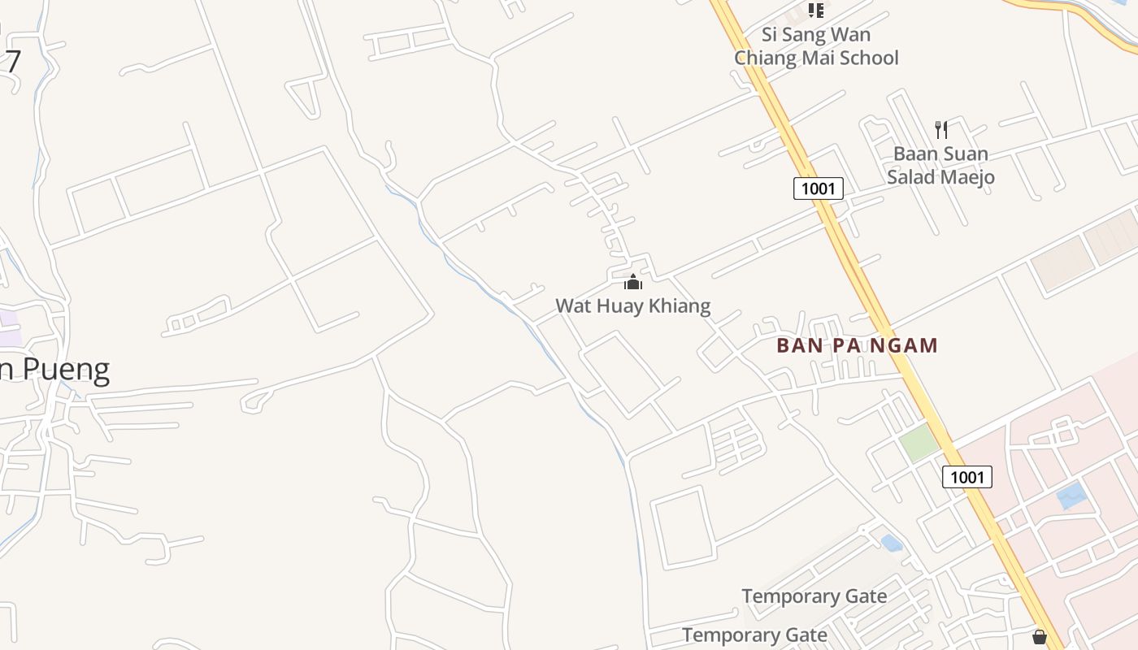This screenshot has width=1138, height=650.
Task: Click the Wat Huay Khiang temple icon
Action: (632, 282)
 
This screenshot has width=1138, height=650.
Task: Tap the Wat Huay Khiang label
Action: (632, 306)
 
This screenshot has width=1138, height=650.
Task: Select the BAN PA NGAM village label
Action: (857, 345)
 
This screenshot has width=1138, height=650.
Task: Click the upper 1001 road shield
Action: (819, 188)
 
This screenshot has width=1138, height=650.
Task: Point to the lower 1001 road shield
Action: (967, 477)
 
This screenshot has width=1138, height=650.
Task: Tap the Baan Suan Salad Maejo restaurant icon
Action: (941, 129)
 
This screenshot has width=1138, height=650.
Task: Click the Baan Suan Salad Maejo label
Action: (940, 165)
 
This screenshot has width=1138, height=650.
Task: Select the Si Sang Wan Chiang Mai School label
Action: (816, 46)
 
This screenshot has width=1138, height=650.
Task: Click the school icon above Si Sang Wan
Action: (815, 11)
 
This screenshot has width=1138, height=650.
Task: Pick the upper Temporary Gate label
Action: (814, 596)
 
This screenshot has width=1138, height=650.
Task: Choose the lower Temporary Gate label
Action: (754, 635)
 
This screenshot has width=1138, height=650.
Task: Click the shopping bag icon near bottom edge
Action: (1039, 637)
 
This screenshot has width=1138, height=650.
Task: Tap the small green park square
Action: (919, 443)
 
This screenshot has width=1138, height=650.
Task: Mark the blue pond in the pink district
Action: (1071, 495)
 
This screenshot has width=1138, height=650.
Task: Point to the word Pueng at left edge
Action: (66, 370)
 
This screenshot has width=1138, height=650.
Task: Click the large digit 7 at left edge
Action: (11, 61)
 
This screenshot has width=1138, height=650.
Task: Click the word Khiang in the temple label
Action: (677, 306)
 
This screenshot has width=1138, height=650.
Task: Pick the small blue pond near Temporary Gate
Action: (892, 542)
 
